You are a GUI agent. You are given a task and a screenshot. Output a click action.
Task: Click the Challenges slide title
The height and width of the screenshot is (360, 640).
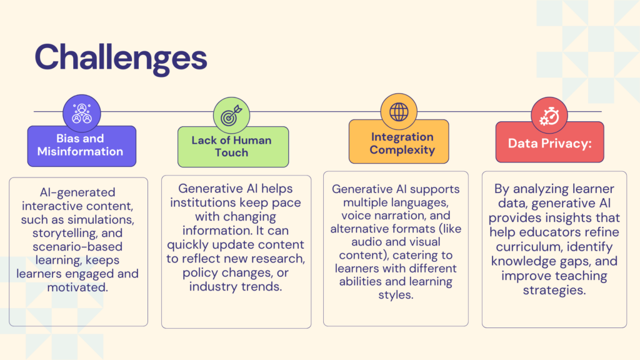pos(121,58)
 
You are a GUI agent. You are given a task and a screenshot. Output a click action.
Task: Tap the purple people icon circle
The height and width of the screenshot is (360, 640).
pos(82,114)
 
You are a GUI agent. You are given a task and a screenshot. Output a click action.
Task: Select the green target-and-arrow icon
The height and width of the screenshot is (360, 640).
pos(231,116)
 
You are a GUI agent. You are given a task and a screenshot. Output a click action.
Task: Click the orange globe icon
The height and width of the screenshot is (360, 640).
pos(399,112)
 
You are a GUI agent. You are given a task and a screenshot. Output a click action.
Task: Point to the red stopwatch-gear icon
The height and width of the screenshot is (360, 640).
pos(549,116)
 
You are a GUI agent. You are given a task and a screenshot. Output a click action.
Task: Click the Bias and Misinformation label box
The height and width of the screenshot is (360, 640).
pos(82,146)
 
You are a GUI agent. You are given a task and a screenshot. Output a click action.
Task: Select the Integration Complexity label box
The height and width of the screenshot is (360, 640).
pos(399,142)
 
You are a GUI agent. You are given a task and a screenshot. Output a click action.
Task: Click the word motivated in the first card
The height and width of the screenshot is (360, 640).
pos(77,287)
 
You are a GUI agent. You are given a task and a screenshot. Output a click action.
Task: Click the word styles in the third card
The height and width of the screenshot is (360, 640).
pos(396,295)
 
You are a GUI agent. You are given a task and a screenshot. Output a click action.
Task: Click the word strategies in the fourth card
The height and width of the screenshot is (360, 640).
pos(554,291)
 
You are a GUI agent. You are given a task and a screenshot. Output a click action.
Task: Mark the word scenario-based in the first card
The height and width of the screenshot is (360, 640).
pos(77,247)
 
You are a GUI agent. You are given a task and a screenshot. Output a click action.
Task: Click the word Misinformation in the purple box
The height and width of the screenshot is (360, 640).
pos(80,151)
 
